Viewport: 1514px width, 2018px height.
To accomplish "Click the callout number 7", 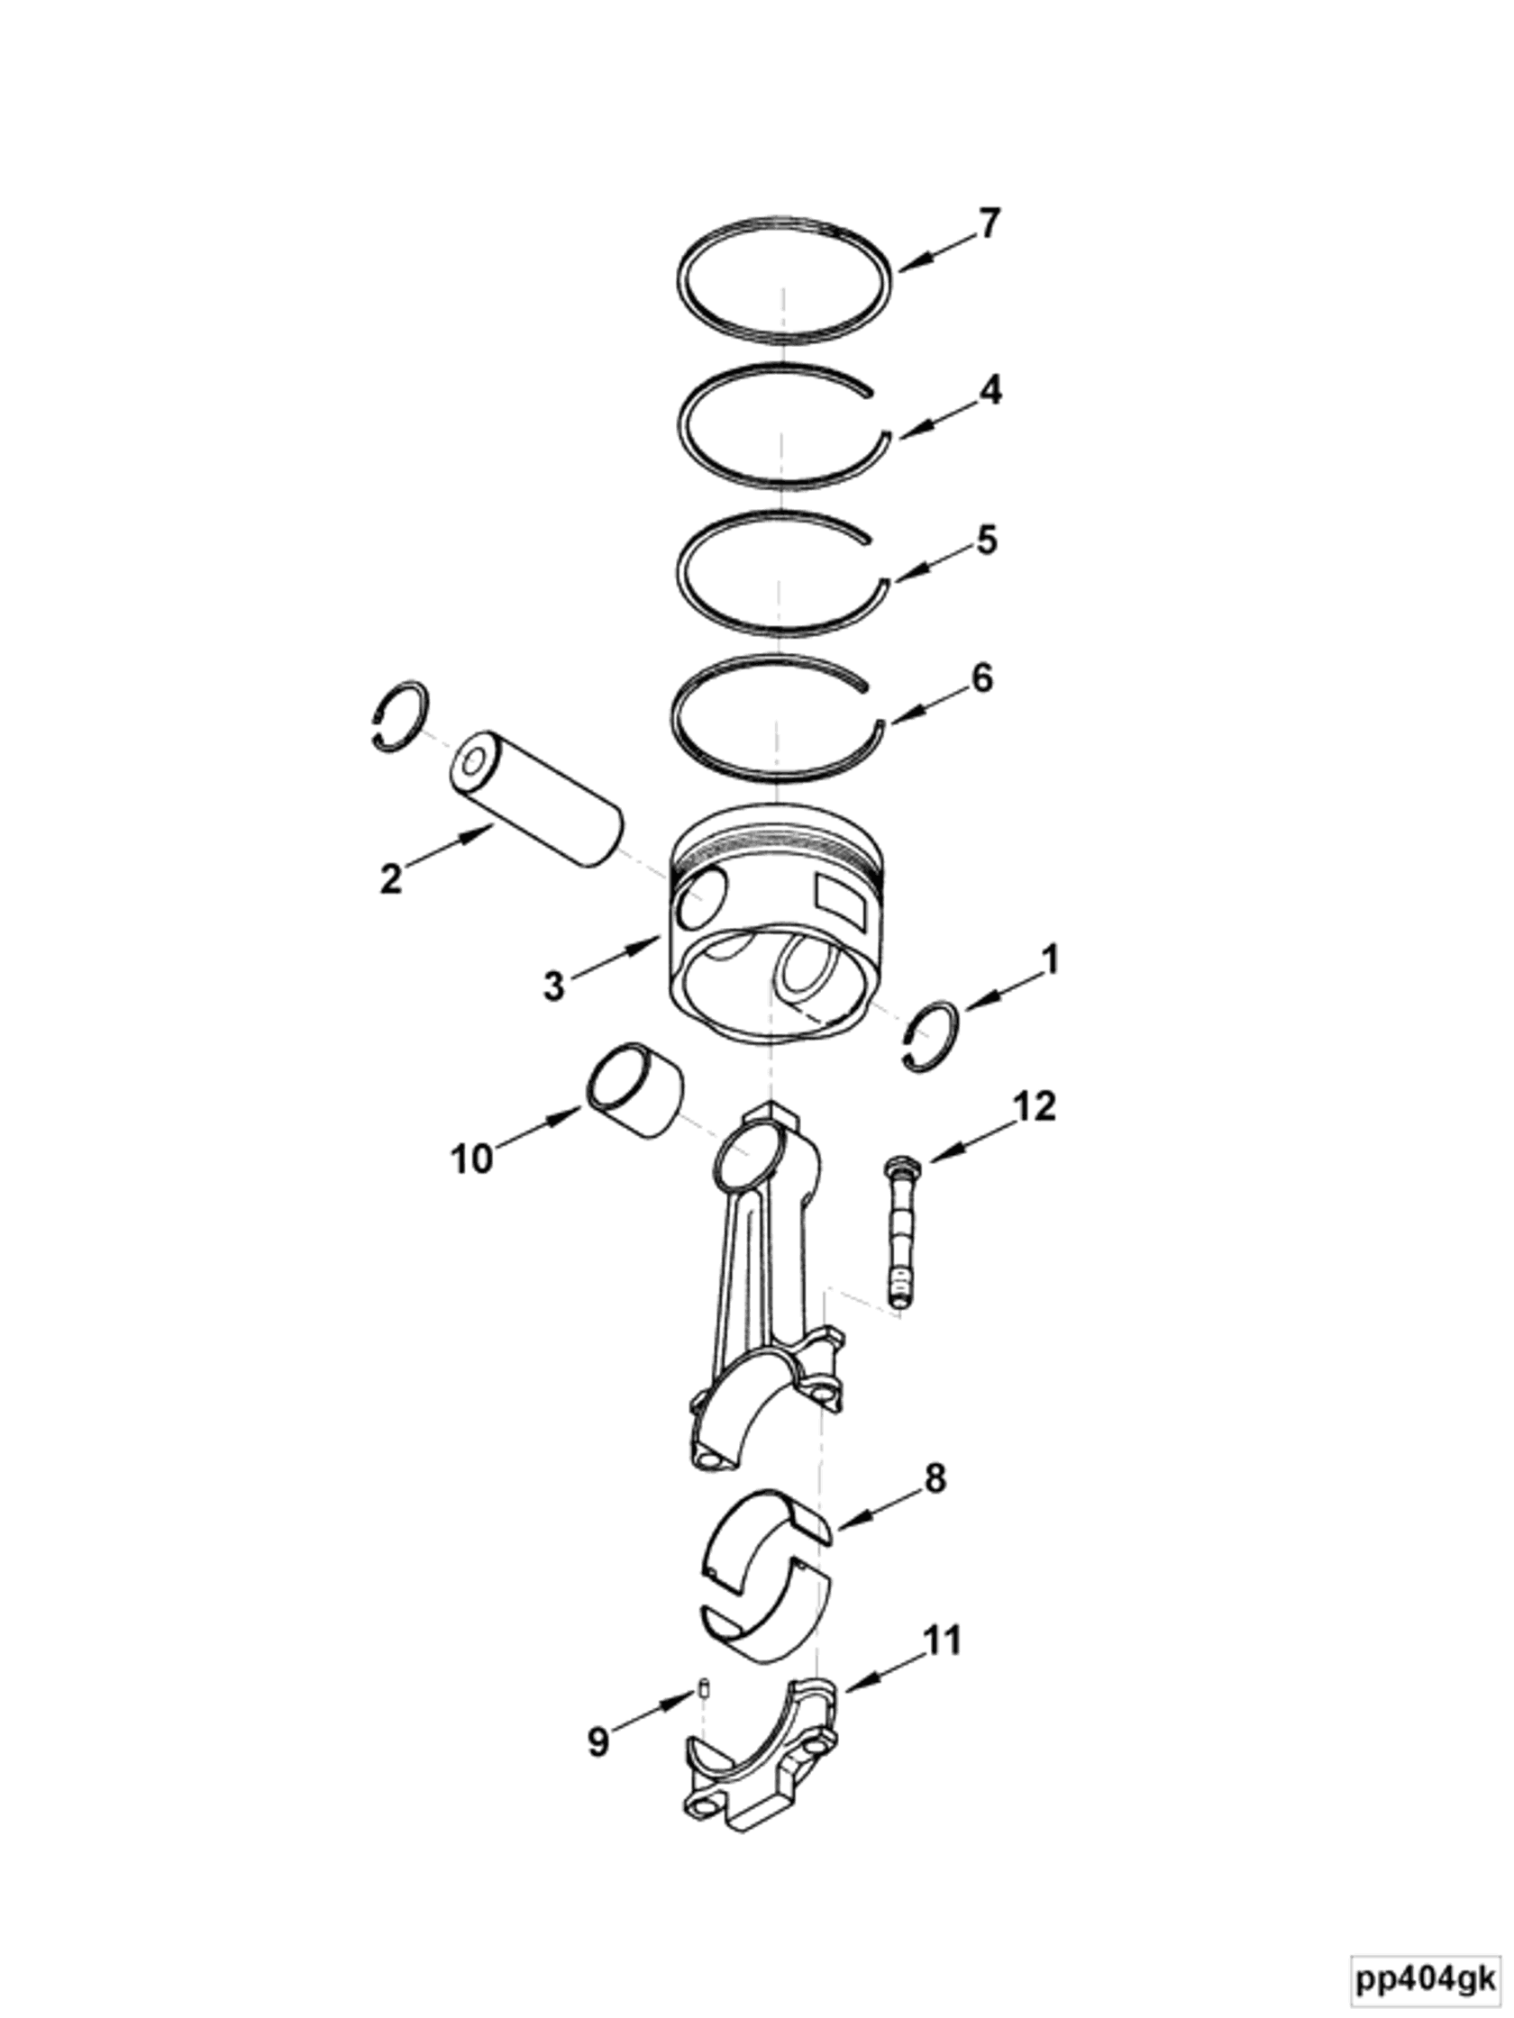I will click(x=990, y=223).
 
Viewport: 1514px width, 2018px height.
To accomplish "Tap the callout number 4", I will click(x=990, y=389).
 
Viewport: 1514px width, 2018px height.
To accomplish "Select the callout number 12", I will click(x=1034, y=1105).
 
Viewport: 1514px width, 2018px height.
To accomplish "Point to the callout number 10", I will click(x=471, y=1159).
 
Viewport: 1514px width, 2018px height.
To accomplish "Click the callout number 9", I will click(x=597, y=1741).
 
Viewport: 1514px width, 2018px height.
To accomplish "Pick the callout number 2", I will click(x=390, y=878).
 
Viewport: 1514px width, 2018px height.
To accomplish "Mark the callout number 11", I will click(x=943, y=1641).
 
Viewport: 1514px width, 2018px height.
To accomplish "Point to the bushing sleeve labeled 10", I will click(x=636, y=1091).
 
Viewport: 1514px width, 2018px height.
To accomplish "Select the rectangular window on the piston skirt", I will click(x=841, y=897).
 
